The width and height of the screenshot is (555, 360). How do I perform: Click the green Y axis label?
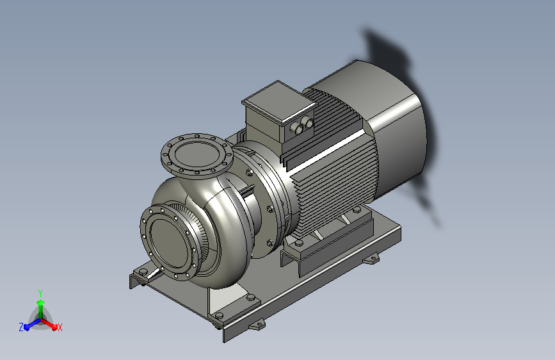tap(40, 293)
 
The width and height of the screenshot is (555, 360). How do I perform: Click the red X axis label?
tap(60, 327)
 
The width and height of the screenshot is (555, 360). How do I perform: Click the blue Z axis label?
tap(21, 327)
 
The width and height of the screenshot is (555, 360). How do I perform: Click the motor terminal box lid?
tap(278, 102)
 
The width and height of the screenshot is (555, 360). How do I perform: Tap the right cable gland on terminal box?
tap(309, 122)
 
